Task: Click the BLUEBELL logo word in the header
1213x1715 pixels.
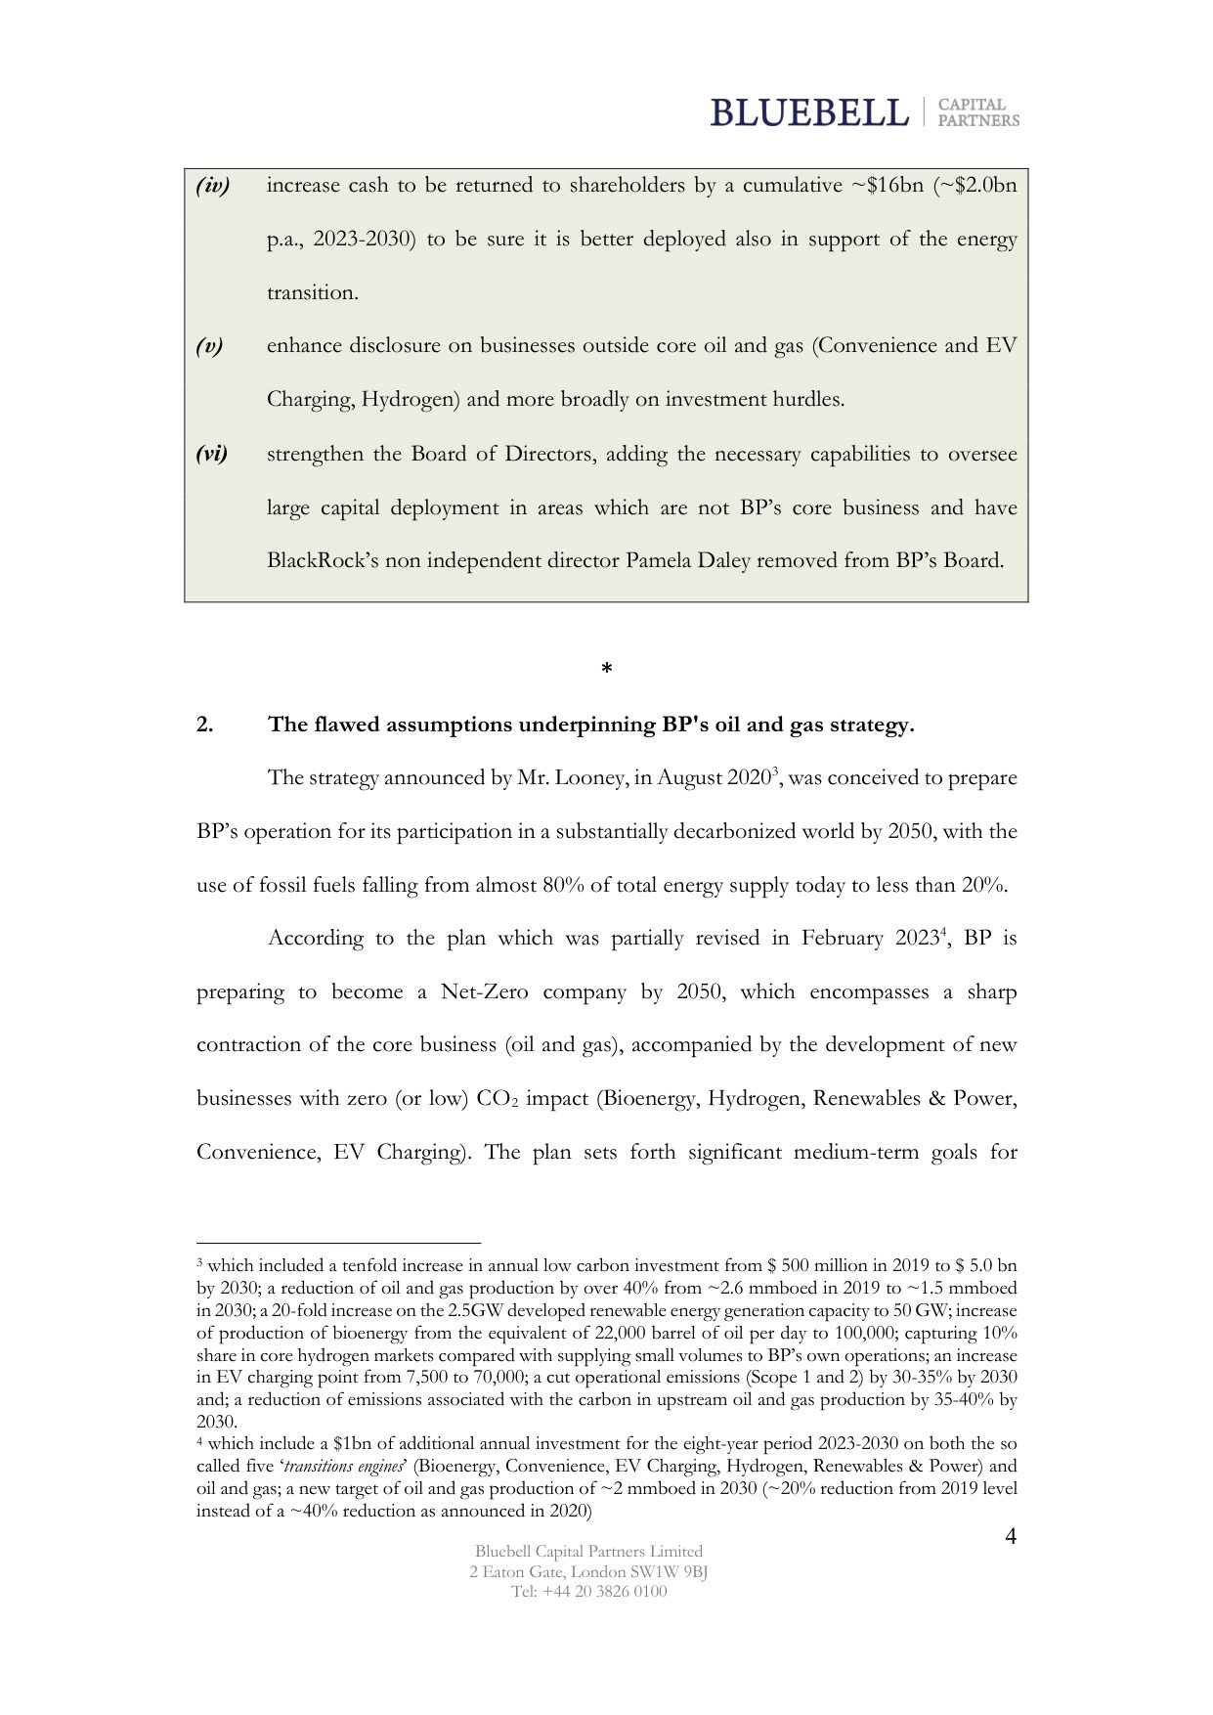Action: pos(808,113)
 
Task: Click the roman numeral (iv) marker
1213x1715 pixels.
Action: pos(212,186)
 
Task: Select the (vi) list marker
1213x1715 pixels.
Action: pos(212,454)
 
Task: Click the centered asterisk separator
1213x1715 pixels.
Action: pos(606,670)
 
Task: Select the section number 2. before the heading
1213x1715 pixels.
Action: pos(205,726)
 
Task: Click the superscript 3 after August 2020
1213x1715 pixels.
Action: pos(774,772)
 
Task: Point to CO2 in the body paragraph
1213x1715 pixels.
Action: pos(498,1099)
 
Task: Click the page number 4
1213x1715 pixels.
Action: pos(1011,1537)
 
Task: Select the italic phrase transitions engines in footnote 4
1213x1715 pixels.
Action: pos(344,1467)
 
